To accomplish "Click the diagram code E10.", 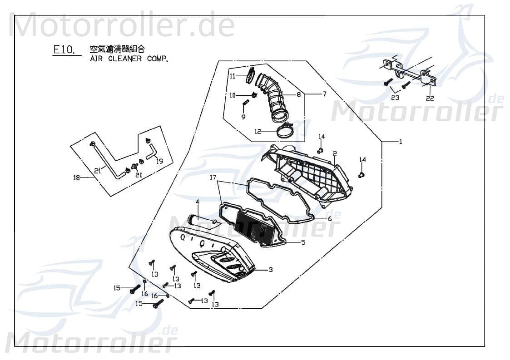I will pyautogui.click(x=64, y=49).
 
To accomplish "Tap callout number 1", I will pyautogui.click(x=400, y=142).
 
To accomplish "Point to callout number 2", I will pyautogui.click(x=334, y=153).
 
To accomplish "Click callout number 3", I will pyautogui.click(x=270, y=270).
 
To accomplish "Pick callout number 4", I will pyautogui.click(x=197, y=201).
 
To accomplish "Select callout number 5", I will pyautogui.click(x=303, y=242).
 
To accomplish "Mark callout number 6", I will pyautogui.click(x=330, y=218).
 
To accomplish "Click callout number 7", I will pyautogui.click(x=324, y=94).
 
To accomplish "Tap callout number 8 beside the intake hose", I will pyautogui.click(x=298, y=95).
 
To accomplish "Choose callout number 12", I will pyautogui.click(x=257, y=131).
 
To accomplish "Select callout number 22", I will pyautogui.click(x=430, y=98).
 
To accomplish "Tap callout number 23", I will pyautogui.click(x=395, y=97).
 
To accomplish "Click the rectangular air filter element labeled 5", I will pyautogui.click(x=257, y=229).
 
